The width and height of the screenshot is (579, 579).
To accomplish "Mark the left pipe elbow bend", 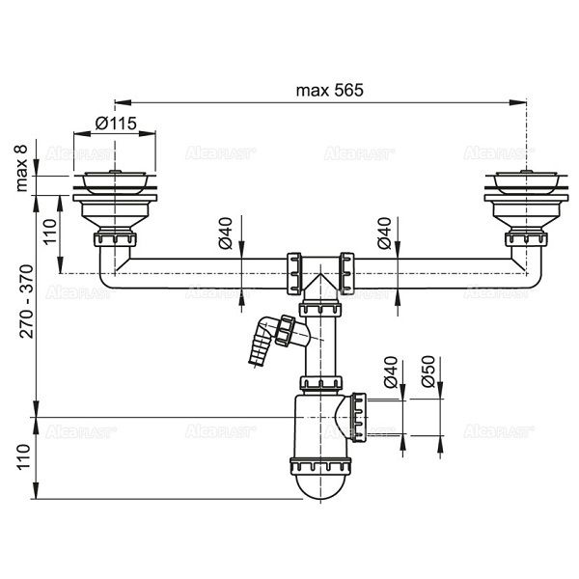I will click(108, 270).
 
